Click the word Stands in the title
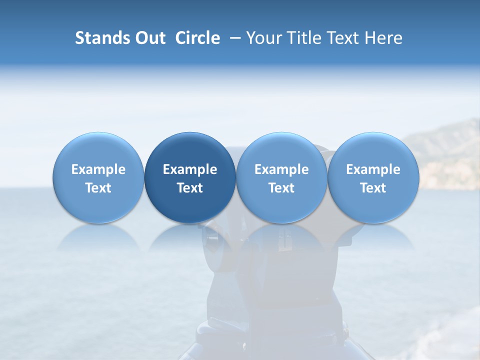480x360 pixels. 100,38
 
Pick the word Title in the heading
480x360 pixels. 304,38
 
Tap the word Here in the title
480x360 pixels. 384,38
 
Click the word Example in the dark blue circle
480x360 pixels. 190,169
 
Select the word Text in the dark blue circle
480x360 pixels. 190,188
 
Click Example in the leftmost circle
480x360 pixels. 98,169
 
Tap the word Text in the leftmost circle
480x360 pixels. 98,188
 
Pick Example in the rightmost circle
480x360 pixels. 373,169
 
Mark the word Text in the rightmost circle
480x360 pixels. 373,188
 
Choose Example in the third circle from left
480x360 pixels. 281,169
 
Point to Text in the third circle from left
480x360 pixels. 281,188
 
